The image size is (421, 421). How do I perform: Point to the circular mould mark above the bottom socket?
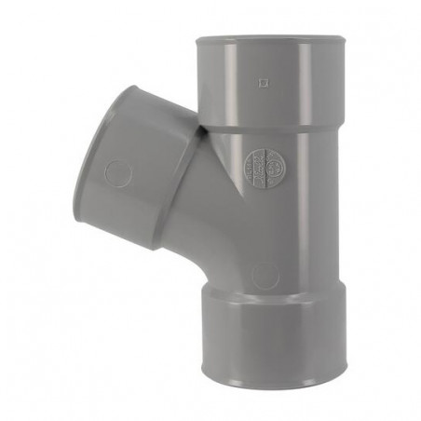point(265,276)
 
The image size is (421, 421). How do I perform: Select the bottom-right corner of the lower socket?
point(344,367)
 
